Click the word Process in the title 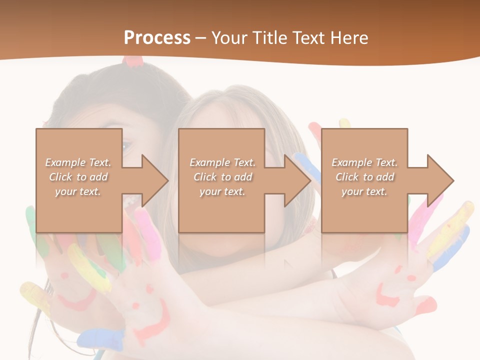click(157, 38)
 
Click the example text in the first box click(78, 177)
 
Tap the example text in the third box click(364, 177)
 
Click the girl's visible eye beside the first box click(126, 146)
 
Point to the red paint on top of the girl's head click(133, 61)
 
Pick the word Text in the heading click(308, 38)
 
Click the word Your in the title click(228, 38)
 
